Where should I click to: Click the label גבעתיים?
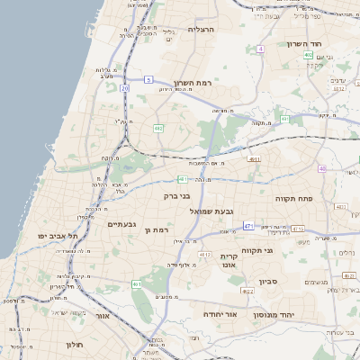click(x=121, y=223)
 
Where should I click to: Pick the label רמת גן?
click(x=156, y=231)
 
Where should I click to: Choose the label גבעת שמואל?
click(x=216, y=211)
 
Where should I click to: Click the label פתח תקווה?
click(x=293, y=197)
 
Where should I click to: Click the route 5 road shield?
click(x=148, y=80)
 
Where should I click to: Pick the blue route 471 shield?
click(x=247, y=226)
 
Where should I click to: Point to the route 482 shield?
click(x=158, y=129)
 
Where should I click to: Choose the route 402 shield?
click(x=309, y=55)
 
